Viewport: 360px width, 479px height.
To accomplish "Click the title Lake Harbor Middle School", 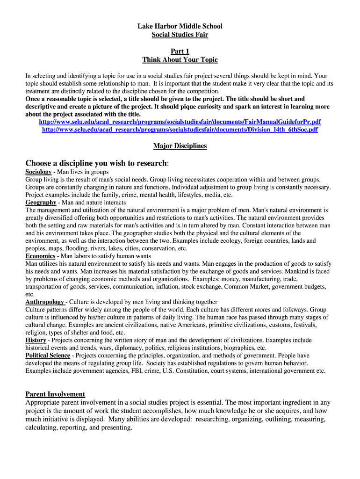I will click(180, 26).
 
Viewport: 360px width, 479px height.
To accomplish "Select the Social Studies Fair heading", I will click(180, 35).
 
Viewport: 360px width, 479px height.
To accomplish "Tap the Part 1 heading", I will click(180, 51).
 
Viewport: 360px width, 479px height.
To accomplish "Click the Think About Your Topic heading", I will click(180, 59).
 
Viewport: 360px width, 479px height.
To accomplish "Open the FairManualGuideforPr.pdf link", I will click(180, 122).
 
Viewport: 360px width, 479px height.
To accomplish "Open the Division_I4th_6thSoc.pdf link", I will click(180, 130).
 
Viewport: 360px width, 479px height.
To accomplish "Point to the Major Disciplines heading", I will click(180, 146).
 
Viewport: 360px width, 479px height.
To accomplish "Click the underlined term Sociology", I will click(38, 172).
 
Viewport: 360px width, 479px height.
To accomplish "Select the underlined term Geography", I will click(41, 203).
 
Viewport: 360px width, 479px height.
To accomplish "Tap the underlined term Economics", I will click(41, 256).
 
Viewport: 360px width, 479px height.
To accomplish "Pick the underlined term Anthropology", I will click(45, 302).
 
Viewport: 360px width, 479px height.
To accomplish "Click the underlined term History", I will click(36, 340).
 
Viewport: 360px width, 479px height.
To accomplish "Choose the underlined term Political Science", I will click(48, 356).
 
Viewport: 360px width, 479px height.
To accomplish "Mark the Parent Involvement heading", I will click(55, 394).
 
